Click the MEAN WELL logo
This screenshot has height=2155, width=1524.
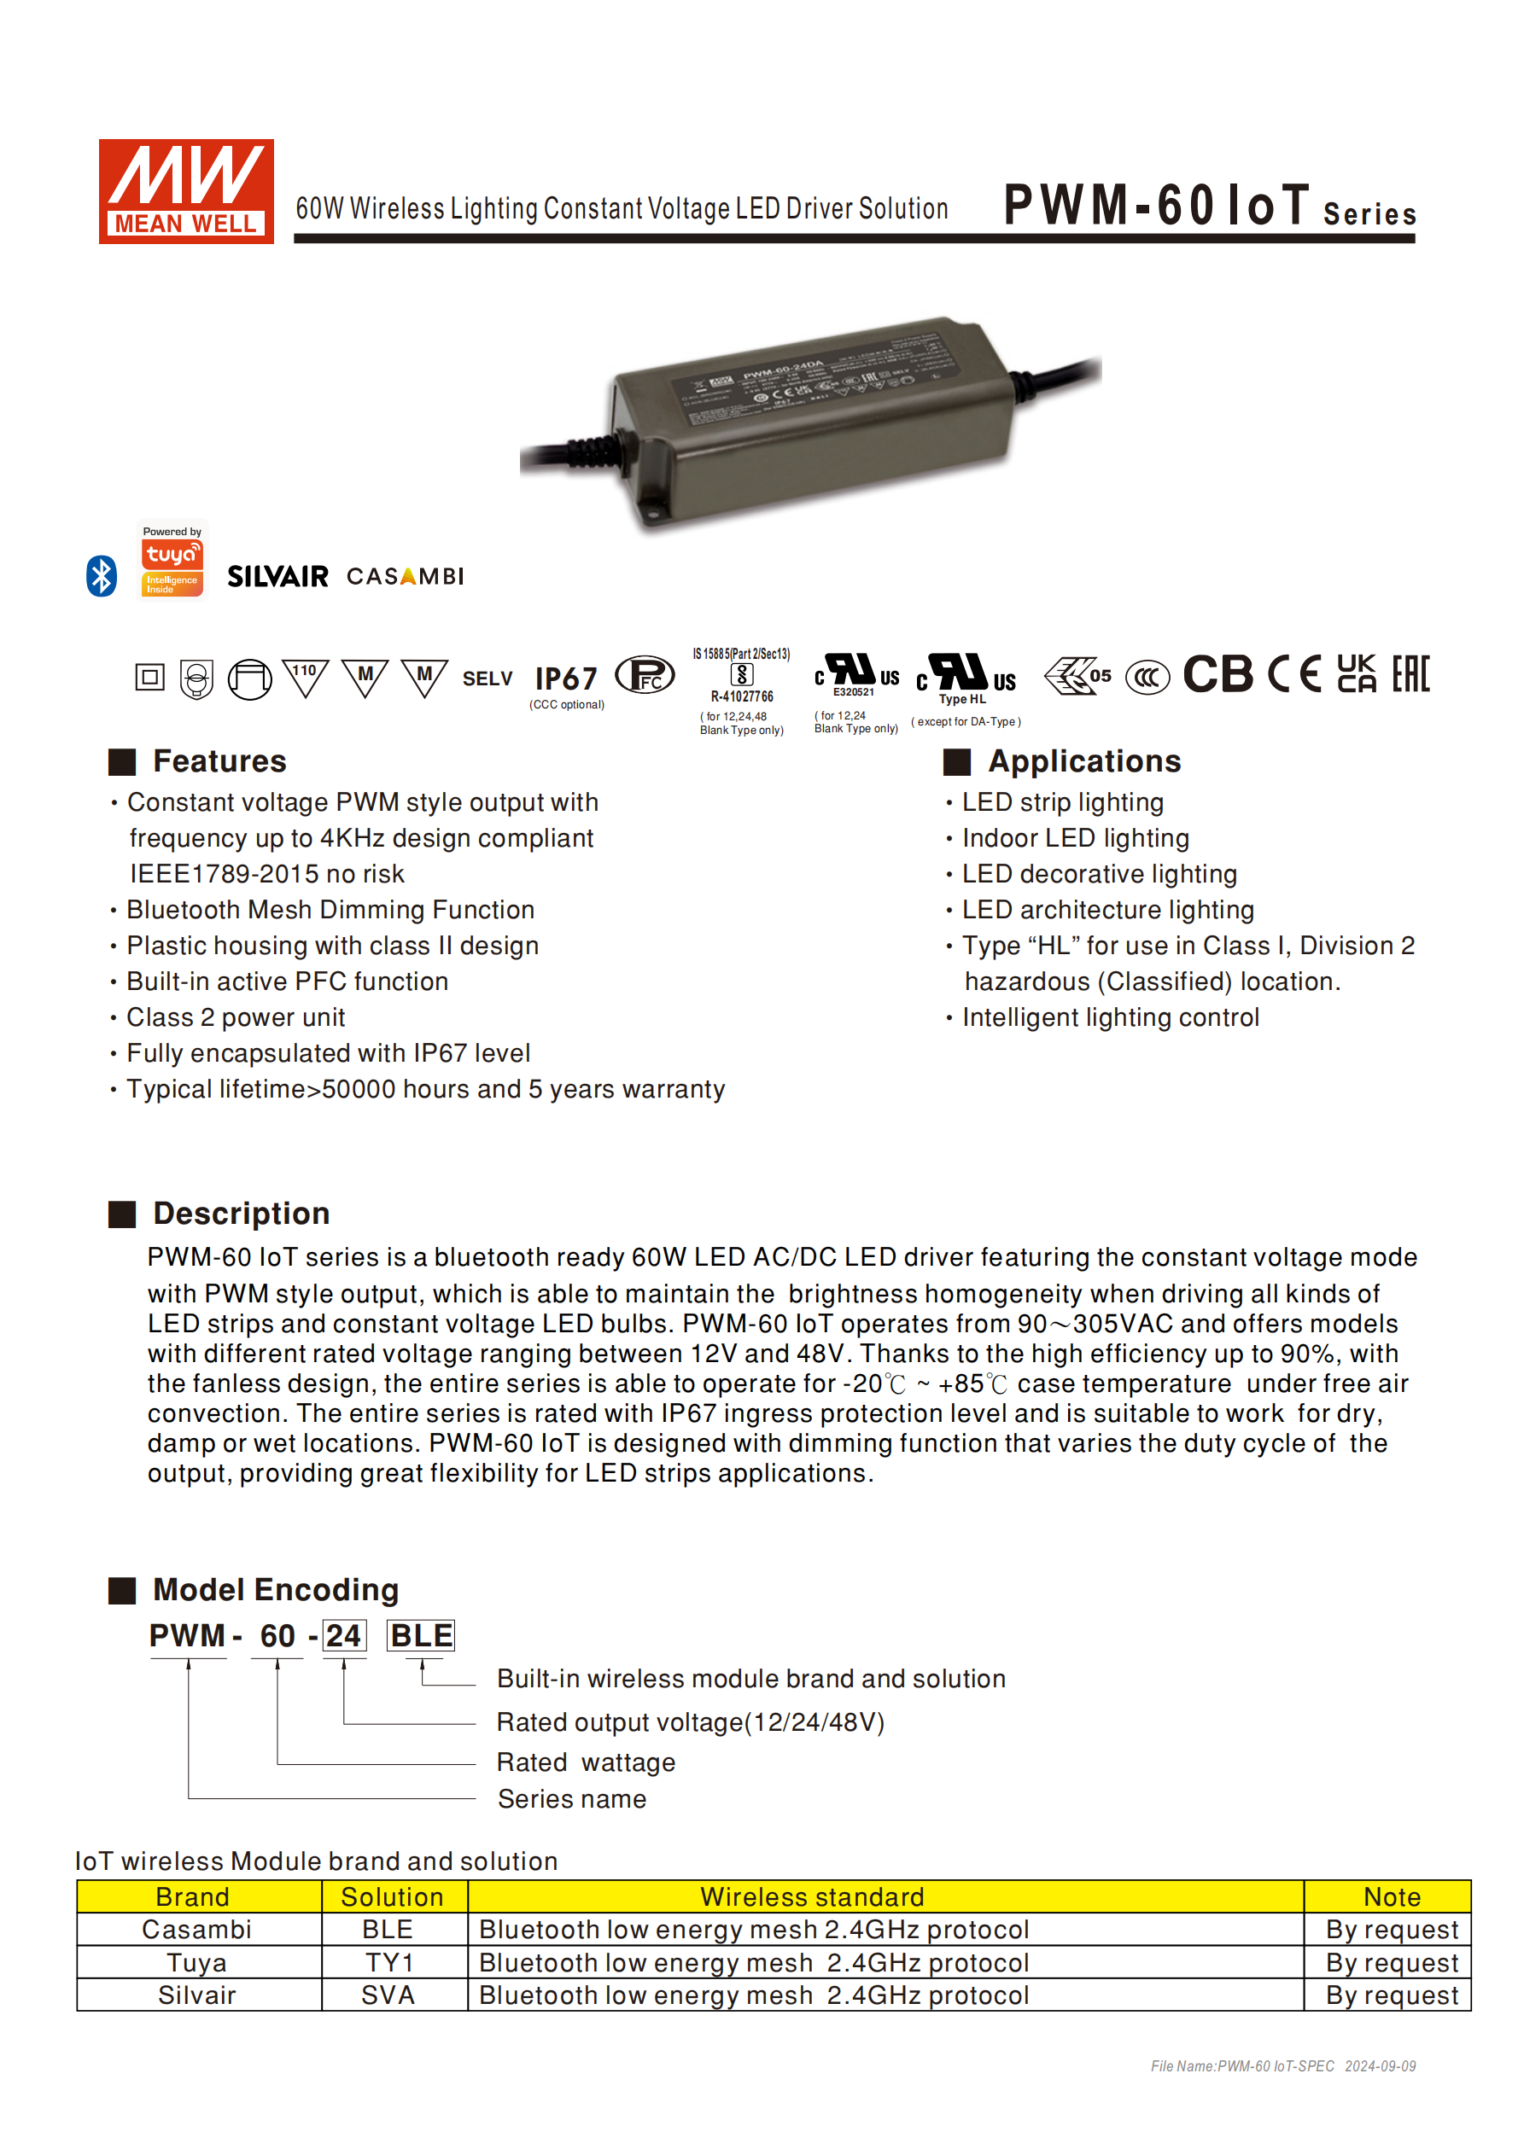click(186, 191)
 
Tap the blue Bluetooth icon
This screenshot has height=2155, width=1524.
click(102, 575)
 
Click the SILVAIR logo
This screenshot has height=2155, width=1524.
click(278, 576)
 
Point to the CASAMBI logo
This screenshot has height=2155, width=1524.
click(405, 576)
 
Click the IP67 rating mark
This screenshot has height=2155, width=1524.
click(565, 679)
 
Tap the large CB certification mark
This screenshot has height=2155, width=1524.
click(1217, 675)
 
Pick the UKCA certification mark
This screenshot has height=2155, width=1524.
click(1356, 674)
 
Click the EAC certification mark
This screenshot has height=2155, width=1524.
click(1410, 674)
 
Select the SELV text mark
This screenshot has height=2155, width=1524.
click(488, 679)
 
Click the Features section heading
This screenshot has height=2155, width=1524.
click(219, 761)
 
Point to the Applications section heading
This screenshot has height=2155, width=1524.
click(1083, 761)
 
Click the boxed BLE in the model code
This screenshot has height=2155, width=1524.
click(421, 1636)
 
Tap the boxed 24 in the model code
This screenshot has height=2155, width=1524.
click(344, 1636)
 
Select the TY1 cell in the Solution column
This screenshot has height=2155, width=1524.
click(389, 1963)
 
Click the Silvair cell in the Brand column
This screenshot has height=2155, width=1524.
click(197, 1995)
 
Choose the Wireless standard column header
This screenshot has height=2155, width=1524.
click(812, 1897)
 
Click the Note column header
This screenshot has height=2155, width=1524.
click(1392, 1897)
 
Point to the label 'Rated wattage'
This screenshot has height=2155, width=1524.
click(586, 1762)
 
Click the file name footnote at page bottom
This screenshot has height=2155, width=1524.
click(1282, 2066)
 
